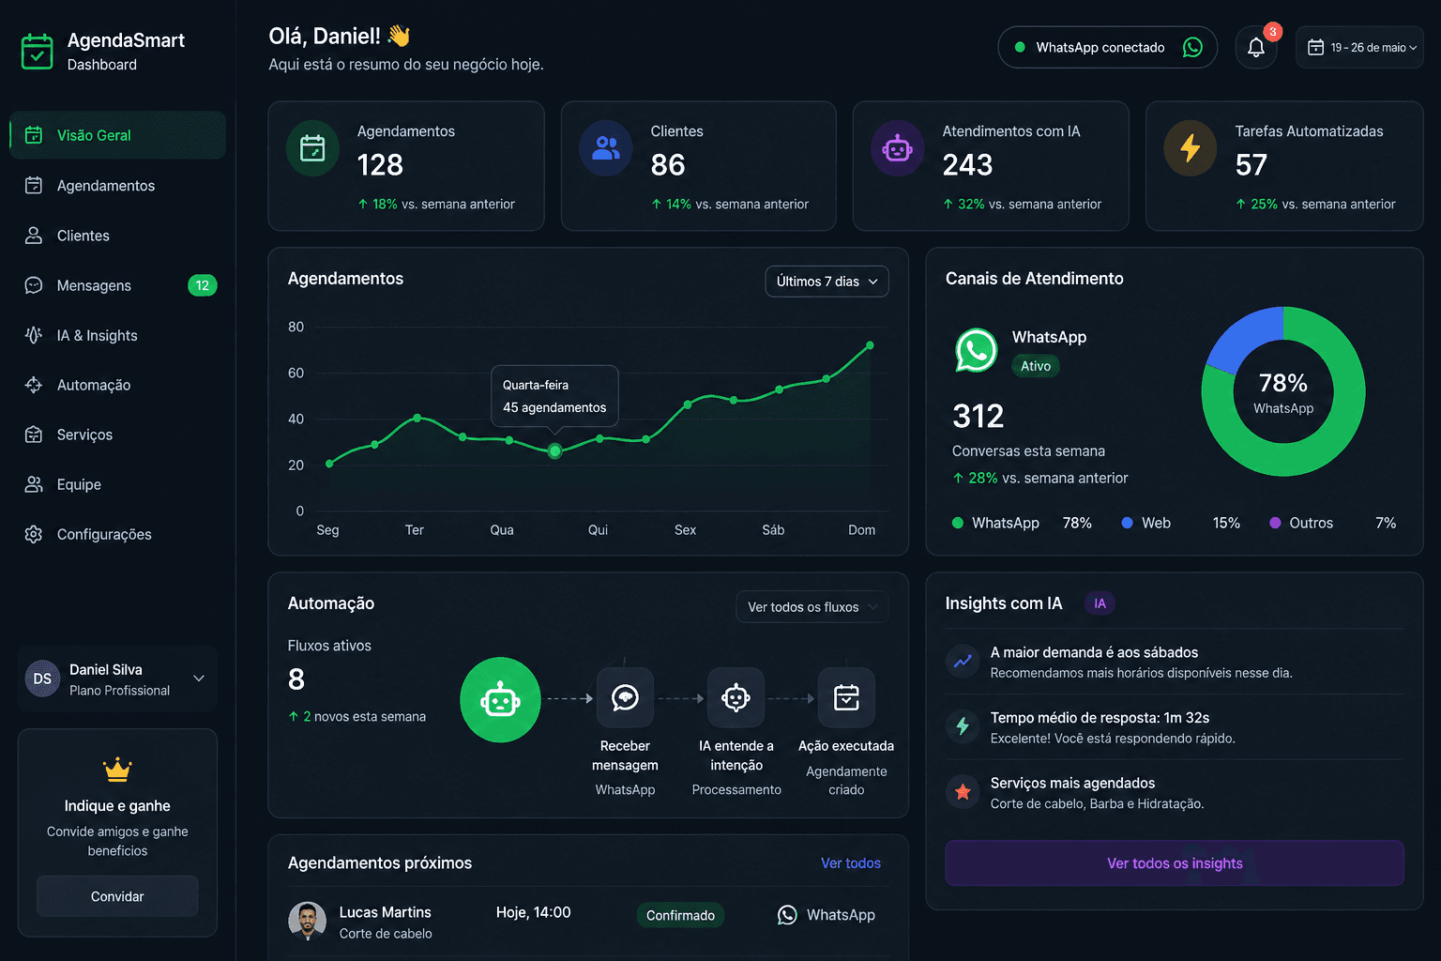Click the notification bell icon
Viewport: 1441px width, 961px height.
(1256, 47)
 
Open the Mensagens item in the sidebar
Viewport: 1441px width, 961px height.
(94, 285)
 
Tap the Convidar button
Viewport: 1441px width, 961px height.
(117, 896)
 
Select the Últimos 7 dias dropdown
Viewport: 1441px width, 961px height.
(827, 282)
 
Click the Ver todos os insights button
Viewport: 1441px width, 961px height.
(1174, 863)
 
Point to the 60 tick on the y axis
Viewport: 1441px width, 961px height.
(296, 373)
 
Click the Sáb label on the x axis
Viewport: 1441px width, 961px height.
(773, 530)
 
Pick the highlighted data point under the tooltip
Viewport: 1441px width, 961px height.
(554, 451)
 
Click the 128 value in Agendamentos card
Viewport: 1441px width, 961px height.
(380, 165)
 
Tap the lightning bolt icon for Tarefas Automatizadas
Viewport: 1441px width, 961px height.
(1190, 148)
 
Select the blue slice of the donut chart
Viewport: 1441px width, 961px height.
(1240, 338)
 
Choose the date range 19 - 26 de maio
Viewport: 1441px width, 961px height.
(1359, 47)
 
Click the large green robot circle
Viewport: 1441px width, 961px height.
(500, 700)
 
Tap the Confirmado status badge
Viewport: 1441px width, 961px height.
(680, 915)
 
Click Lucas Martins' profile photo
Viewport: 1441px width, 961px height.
(307, 921)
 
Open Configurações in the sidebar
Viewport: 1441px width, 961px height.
(103, 534)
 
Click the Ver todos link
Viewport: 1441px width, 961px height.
(850, 863)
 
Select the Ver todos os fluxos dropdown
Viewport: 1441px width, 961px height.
(812, 607)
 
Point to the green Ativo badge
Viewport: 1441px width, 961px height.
(1035, 366)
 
